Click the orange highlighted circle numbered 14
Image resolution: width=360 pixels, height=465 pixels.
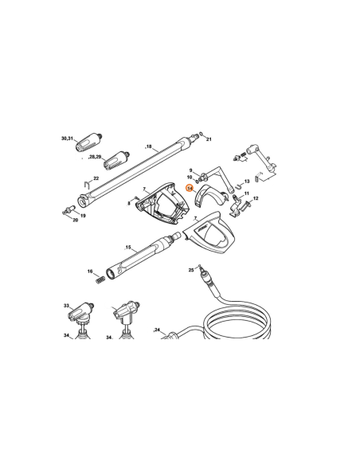coord(190,188)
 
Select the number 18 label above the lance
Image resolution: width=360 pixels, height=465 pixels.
coord(147,147)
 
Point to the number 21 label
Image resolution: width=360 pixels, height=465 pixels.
coord(209,139)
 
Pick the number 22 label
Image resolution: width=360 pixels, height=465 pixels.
coord(96,178)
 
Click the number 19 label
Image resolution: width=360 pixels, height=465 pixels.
coord(83,216)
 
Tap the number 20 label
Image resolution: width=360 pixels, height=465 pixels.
coord(76,220)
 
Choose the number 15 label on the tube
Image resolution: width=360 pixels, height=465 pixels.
coord(127,248)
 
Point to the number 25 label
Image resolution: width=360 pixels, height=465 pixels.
coord(190,270)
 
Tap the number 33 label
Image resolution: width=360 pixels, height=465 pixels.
coord(66,306)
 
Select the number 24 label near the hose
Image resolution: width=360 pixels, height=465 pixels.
coord(158,329)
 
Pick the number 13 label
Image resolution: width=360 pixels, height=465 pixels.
coord(246,182)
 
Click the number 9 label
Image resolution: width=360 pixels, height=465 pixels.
coord(190,169)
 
